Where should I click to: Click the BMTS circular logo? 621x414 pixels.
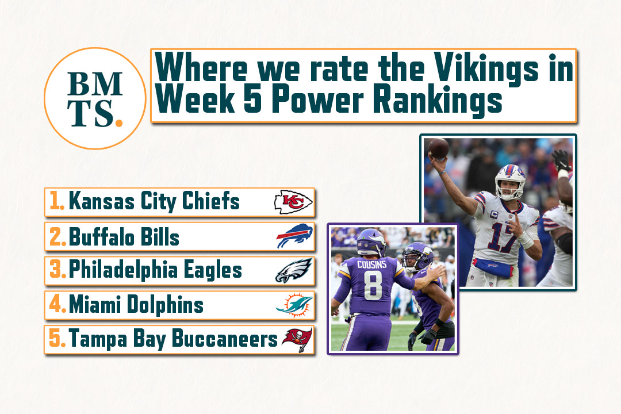[94, 98]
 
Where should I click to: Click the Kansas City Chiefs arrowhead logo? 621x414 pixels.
[293, 202]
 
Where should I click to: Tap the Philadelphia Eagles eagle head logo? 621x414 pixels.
[294, 271]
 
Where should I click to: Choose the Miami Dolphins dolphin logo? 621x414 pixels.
[294, 305]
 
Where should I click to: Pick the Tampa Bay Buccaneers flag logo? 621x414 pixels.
[297, 339]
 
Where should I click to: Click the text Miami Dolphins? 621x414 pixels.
[136, 305]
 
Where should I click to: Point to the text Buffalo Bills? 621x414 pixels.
[124, 236]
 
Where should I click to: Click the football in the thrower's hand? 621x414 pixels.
[438, 148]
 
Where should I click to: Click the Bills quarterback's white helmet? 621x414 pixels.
[510, 179]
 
